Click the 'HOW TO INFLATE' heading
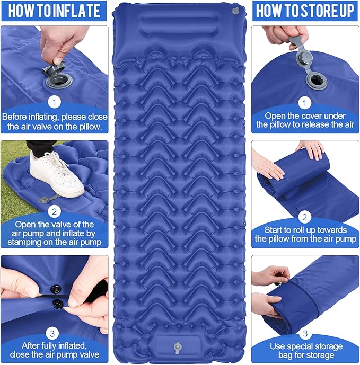click(x=54, y=11)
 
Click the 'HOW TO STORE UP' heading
click(x=305, y=11)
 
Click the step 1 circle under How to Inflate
click(x=54, y=101)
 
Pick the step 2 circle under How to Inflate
click(x=54, y=211)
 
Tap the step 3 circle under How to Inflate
click(x=54, y=333)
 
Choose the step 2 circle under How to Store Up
click(x=305, y=216)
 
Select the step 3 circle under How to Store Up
click(x=305, y=333)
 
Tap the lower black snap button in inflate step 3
click(x=56, y=302)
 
